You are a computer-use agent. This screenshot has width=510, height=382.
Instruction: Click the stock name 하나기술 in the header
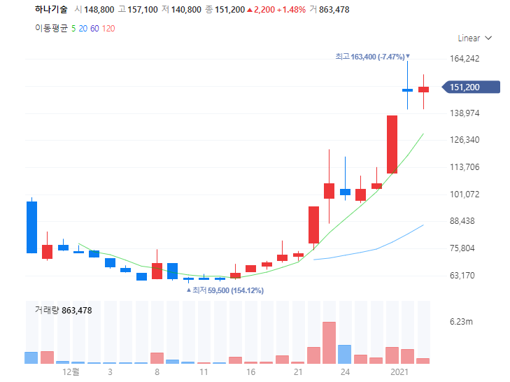[51, 9]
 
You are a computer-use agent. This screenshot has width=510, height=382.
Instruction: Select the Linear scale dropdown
[474, 38]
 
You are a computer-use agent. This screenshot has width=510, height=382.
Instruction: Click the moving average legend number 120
[108, 29]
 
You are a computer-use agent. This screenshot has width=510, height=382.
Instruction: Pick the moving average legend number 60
[94, 29]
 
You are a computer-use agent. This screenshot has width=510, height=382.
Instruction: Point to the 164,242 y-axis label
[465, 59]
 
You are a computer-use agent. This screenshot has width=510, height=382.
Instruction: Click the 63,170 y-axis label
[462, 276]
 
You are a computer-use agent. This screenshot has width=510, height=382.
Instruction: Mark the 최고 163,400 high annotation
[372, 57]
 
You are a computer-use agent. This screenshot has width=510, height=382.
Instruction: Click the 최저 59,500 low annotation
[225, 290]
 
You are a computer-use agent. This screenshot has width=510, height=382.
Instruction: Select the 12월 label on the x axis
[71, 372]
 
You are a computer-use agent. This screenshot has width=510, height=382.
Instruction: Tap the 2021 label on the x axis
[399, 372]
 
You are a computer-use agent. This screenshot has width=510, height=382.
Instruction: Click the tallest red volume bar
[330, 343]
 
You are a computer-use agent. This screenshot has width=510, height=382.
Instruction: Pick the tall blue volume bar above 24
[345, 354]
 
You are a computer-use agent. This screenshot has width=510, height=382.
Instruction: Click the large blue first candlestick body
[32, 227]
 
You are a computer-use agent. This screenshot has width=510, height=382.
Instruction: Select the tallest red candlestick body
[392, 144]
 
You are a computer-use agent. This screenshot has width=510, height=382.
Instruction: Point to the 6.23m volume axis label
[461, 322]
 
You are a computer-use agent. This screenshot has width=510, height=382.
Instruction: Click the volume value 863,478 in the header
[334, 10]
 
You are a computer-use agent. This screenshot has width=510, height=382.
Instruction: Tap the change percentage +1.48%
[292, 10]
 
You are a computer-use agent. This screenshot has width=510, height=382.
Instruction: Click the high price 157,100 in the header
[143, 10]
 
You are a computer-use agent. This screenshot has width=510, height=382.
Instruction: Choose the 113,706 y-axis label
[465, 167]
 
